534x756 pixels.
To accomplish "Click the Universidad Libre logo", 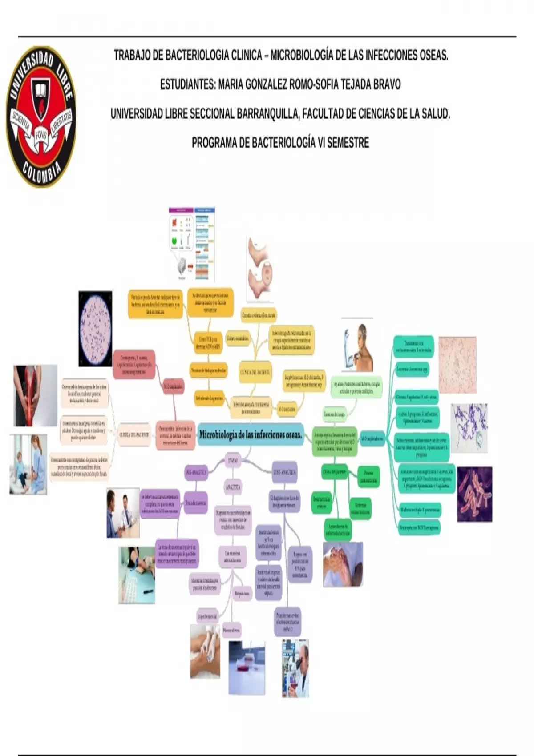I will point(40,117).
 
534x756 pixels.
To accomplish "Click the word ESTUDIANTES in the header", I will point(187,84).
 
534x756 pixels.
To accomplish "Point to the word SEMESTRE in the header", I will point(348,143).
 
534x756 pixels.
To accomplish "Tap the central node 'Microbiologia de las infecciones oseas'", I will point(251,434).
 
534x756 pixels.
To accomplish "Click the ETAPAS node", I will point(233,460).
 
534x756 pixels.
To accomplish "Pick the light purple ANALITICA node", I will point(233,487).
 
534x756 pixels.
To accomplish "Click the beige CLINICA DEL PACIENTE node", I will point(134,434).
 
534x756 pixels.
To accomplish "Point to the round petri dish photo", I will point(95,329).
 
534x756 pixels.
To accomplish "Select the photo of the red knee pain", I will point(35,395).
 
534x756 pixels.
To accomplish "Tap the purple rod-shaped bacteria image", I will point(474,494).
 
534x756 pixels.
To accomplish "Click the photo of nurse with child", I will point(28,464).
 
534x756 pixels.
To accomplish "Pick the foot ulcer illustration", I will point(260,269).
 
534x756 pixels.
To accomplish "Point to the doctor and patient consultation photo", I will point(123,513).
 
